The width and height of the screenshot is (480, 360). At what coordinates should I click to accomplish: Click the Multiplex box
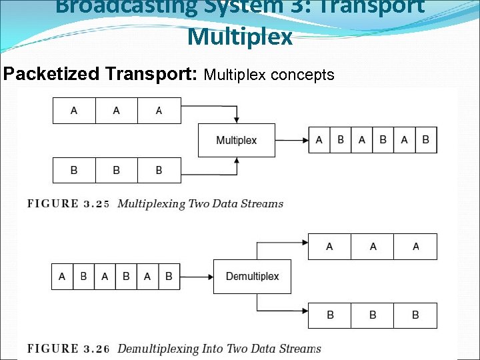click(x=236, y=140)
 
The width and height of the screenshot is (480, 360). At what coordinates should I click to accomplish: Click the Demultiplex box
click(x=252, y=276)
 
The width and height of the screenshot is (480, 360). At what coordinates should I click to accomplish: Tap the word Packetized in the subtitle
click(x=53, y=74)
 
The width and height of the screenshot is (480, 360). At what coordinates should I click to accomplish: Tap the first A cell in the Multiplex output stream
click(x=319, y=140)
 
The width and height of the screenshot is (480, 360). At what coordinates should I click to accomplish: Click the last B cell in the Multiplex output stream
click(x=426, y=140)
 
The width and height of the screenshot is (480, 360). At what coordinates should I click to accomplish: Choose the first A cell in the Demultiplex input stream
click(x=62, y=276)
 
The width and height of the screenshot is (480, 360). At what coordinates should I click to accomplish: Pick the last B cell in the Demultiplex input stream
click(x=169, y=276)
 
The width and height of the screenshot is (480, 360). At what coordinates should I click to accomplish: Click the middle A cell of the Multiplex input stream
click(x=117, y=111)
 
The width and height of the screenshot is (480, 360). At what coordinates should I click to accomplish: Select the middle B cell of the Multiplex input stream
click(x=117, y=170)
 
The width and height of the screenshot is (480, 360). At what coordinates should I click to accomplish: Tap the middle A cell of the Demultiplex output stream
click(x=373, y=247)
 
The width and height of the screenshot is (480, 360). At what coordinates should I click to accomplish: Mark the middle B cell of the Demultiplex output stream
click(x=373, y=315)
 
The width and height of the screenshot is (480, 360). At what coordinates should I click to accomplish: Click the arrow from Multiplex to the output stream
click(x=291, y=140)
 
